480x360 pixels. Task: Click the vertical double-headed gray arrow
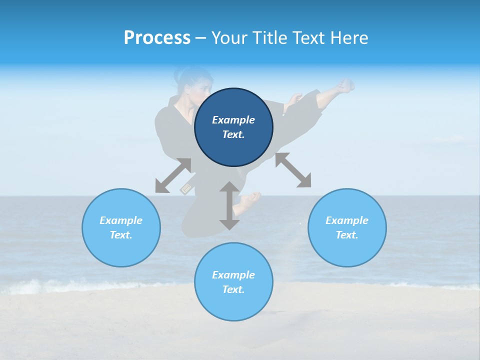pyautogui.click(x=229, y=205)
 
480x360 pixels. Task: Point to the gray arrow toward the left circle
pyautogui.click(x=173, y=175)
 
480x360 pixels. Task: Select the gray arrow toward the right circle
pyautogui.click(x=293, y=170)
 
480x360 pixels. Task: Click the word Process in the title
pyautogui.click(x=157, y=37)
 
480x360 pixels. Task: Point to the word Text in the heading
pyautogui.click(x=309, y=37)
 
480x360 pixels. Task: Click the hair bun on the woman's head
pyautogui.click(x=179, y=75)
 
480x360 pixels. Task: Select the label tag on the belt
pyautogui.click(x=186, y=188)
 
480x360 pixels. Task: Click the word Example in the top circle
pyautogui.click(x=233, y=120)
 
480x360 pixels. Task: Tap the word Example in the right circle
pyautogui.click(x=347, y=220)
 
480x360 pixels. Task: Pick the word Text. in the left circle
pyautogui.click(x=121, y=235)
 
